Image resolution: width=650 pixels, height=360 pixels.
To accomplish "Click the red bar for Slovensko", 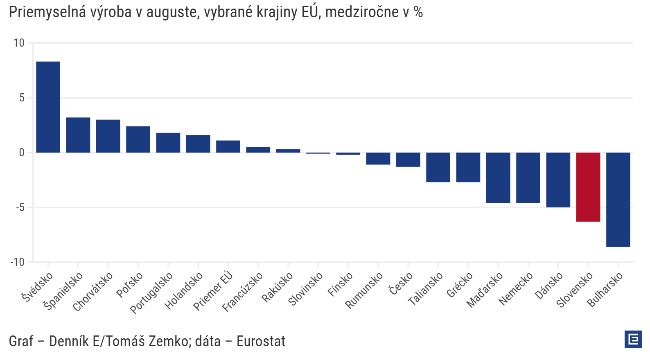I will click(x=588, y=187).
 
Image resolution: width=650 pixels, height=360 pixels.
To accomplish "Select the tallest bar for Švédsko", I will click(x=48, y=107).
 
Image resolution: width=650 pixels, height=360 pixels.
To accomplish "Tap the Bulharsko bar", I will click(x=618, y=200).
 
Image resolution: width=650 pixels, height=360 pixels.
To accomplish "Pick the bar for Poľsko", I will click(x=138, y=139).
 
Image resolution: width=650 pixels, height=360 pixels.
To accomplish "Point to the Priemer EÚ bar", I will click(x=228, y=146).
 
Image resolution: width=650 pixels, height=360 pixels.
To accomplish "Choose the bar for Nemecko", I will click(x=528, y=178).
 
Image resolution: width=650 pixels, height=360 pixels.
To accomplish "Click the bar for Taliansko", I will click(x=438, y=167).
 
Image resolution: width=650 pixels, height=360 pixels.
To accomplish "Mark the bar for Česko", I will click(x=408, y=160).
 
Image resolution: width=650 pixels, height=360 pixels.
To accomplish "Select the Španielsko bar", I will click(x=78, y=135).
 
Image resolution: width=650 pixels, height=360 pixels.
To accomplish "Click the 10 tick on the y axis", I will click(x=19, y=43).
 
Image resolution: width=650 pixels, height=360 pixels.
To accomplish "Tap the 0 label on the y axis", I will click(x=22, y=153).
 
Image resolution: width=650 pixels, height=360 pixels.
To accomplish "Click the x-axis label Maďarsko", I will click(x=485, y=290).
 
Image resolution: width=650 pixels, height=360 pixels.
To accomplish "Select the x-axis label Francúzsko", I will click(x=243, y=292).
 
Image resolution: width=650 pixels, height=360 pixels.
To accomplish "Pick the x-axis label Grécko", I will click(x=460, y=285).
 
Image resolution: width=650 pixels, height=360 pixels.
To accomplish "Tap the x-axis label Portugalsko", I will click(x=151, y=293).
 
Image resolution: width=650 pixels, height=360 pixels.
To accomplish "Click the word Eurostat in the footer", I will click(x=261, y=341).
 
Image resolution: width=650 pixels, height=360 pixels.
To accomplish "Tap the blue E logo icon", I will click(x=633, y=339).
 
